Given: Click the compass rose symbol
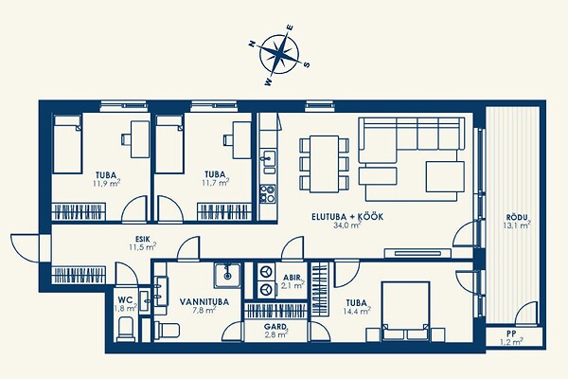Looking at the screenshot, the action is (x=279, y=55).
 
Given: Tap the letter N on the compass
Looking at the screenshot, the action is (x=252, y=44).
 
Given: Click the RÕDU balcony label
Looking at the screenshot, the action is (x=517, y=218).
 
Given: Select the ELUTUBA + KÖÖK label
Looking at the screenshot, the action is (x=347, y=217).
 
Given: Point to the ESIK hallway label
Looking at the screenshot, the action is (x=142, y=240).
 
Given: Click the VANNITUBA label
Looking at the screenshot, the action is (x=204, y=301).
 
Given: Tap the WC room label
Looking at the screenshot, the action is (x=125, y=300).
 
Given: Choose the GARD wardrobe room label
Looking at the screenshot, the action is (x=275, y=327).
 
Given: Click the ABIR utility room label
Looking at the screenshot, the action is (x=292, y=278).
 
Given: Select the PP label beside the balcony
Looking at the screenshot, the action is (x=511, y=334).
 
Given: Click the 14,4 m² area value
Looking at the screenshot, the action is (x=357, y=311).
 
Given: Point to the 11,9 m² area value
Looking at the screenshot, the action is (x=106, y=183).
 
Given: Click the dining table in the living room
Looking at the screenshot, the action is (x=324, y=164).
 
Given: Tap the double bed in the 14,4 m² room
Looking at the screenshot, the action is (x=406, y=311).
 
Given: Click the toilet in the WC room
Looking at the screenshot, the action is (x=126, y=330).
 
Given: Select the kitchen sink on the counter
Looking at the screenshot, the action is (x=269, y=158).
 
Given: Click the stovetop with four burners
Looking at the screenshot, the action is (x=268, y=193).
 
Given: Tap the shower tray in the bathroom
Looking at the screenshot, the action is (x=227, y=276).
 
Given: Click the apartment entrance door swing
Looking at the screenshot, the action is (x=25, y=248).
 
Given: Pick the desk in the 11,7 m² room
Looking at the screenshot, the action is (x=241, y=140).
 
